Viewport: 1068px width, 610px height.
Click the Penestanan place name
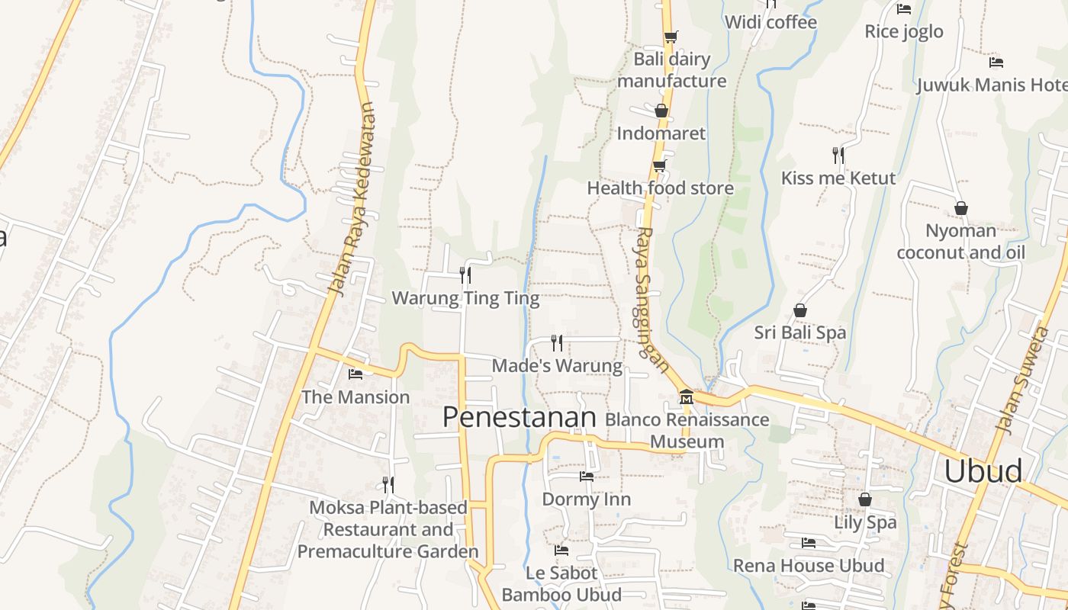point(519,417)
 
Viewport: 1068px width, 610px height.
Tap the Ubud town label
point(983,470)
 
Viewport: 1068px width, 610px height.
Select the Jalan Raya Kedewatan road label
point(353,198)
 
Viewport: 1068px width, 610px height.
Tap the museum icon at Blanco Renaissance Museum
point(686,397)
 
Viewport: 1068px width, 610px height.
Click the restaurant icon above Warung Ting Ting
point(465,274)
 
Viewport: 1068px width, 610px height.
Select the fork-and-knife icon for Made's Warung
point(557,342)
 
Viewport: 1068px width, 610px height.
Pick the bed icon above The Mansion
point(355,374)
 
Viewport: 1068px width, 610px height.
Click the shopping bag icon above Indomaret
point(661,111)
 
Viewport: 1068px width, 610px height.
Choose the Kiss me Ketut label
point(838,178)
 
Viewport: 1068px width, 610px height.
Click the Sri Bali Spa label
point(800,332)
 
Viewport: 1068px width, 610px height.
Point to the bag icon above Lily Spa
point(864,499)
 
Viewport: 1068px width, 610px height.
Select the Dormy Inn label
point(586,499)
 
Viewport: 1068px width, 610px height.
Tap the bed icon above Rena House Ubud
point(809,543)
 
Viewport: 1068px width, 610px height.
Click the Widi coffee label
point(770,22)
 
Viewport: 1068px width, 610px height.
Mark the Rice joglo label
point(904,31)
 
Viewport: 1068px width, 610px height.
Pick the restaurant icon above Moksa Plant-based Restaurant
point(388,484)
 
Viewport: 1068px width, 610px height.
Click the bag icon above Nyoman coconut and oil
point(961,208)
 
